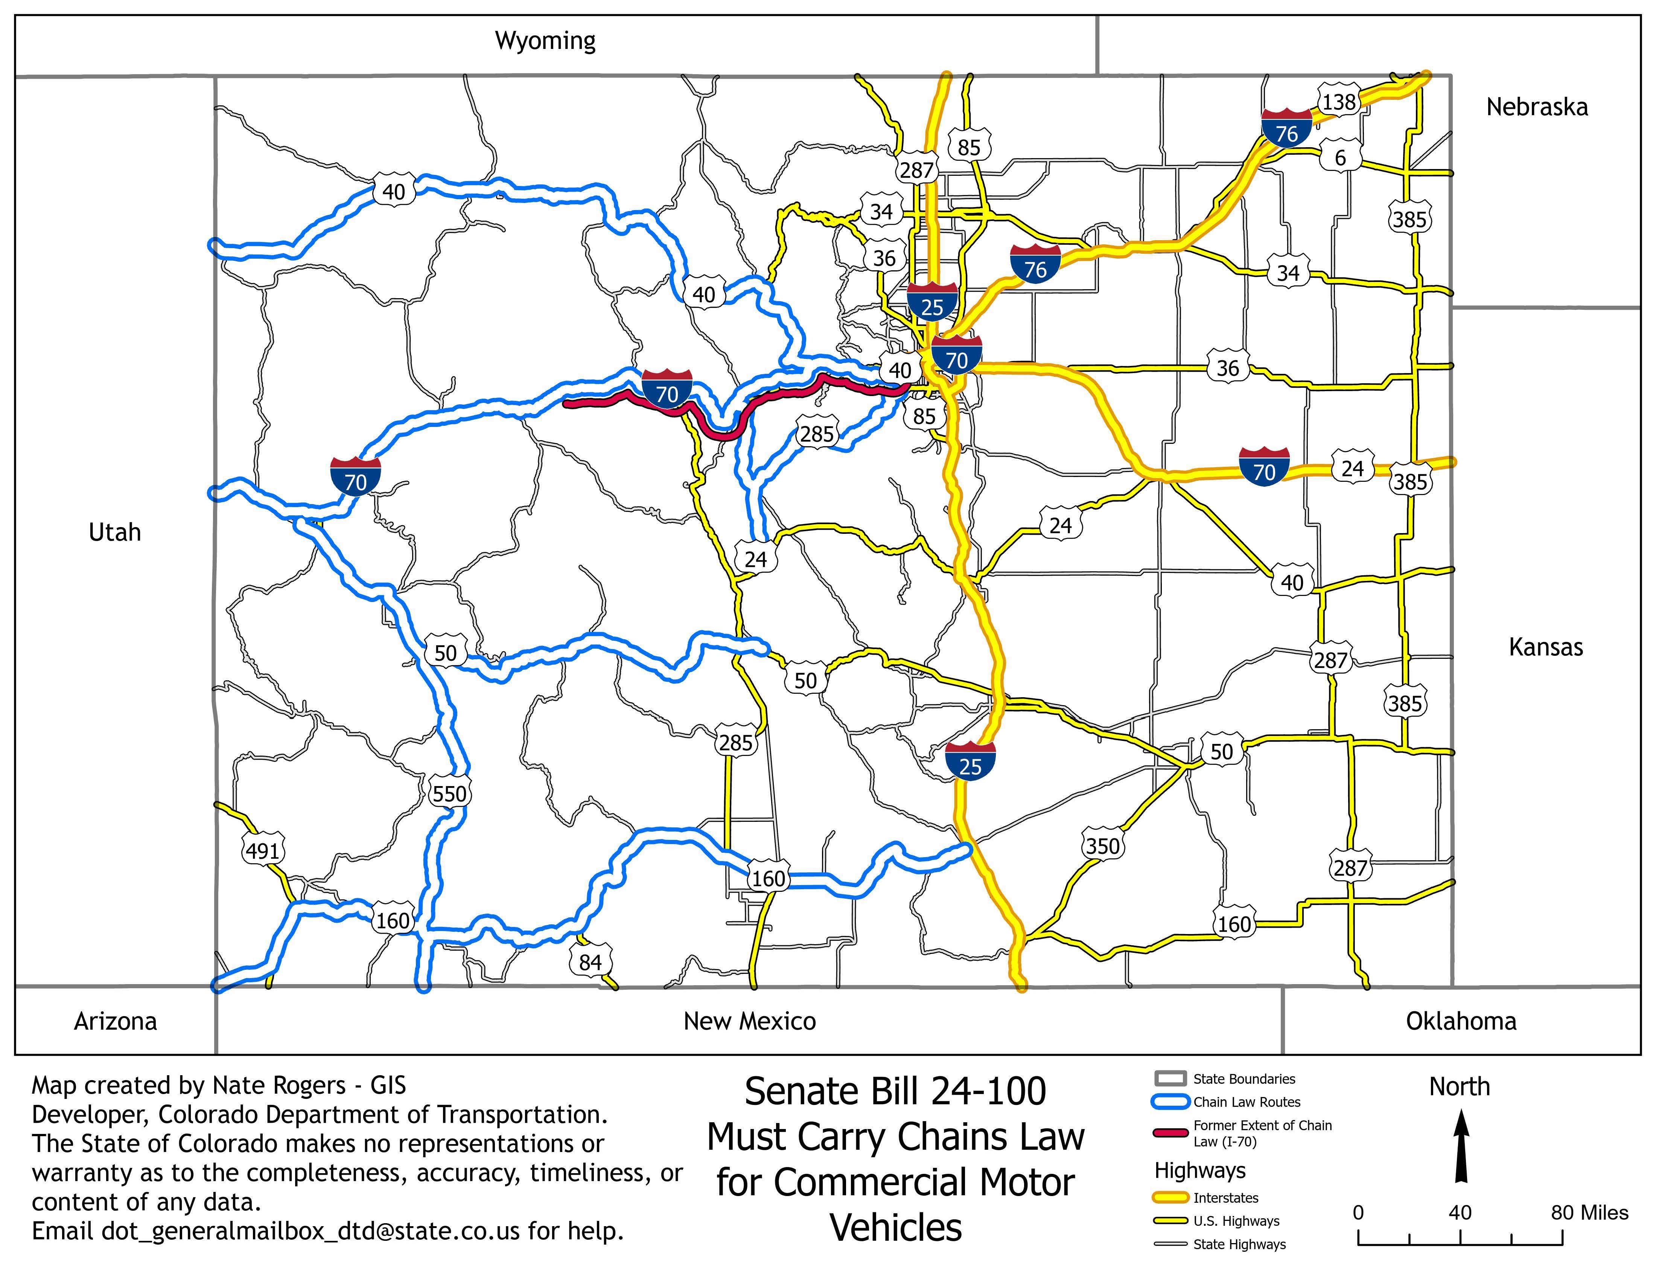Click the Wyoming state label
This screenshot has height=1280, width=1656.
click(545, 40)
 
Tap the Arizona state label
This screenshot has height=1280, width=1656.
click(115, 1021)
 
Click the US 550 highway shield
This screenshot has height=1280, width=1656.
click(449, 794)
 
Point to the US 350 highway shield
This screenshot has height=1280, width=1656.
click(1102, 846)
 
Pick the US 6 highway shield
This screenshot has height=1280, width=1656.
click(1340, 158)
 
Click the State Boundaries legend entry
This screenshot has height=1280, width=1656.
click(1244, 1078)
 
